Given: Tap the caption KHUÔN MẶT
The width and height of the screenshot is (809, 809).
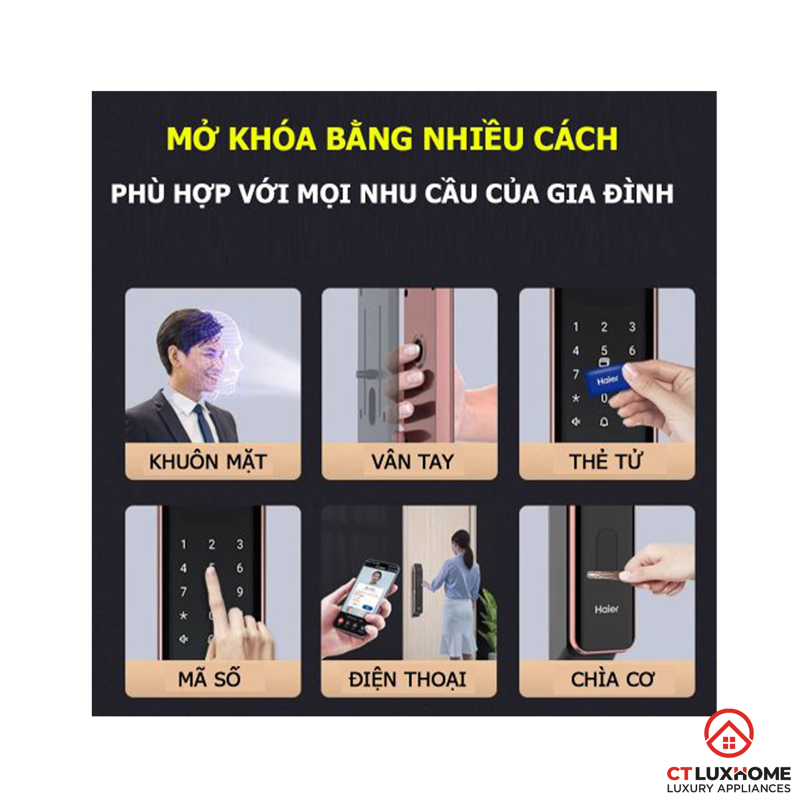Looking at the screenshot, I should [208, 462].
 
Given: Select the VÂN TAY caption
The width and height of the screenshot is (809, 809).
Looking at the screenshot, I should [412, 462].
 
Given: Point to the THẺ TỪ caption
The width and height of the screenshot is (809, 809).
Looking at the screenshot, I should [606, 462].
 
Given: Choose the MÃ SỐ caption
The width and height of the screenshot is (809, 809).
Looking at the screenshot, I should [210, 679].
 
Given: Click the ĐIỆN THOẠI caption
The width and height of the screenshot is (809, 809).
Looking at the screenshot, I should [407, 679].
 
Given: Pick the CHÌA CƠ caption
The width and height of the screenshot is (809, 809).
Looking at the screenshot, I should [612, 679].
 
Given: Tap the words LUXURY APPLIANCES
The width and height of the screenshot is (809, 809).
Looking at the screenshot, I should [729, 788].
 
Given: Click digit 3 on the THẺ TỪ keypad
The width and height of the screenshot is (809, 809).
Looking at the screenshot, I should [632, 326].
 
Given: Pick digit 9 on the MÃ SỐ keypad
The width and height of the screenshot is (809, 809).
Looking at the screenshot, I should [239, 592].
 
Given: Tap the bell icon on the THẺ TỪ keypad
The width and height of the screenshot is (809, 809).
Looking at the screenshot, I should [604, 422].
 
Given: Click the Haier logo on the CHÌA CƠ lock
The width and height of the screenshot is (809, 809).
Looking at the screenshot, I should [606, 609].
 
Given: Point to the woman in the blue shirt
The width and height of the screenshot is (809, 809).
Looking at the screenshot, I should [458, 586].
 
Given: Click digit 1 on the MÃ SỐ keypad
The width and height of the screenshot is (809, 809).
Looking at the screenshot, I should [183, 544].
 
